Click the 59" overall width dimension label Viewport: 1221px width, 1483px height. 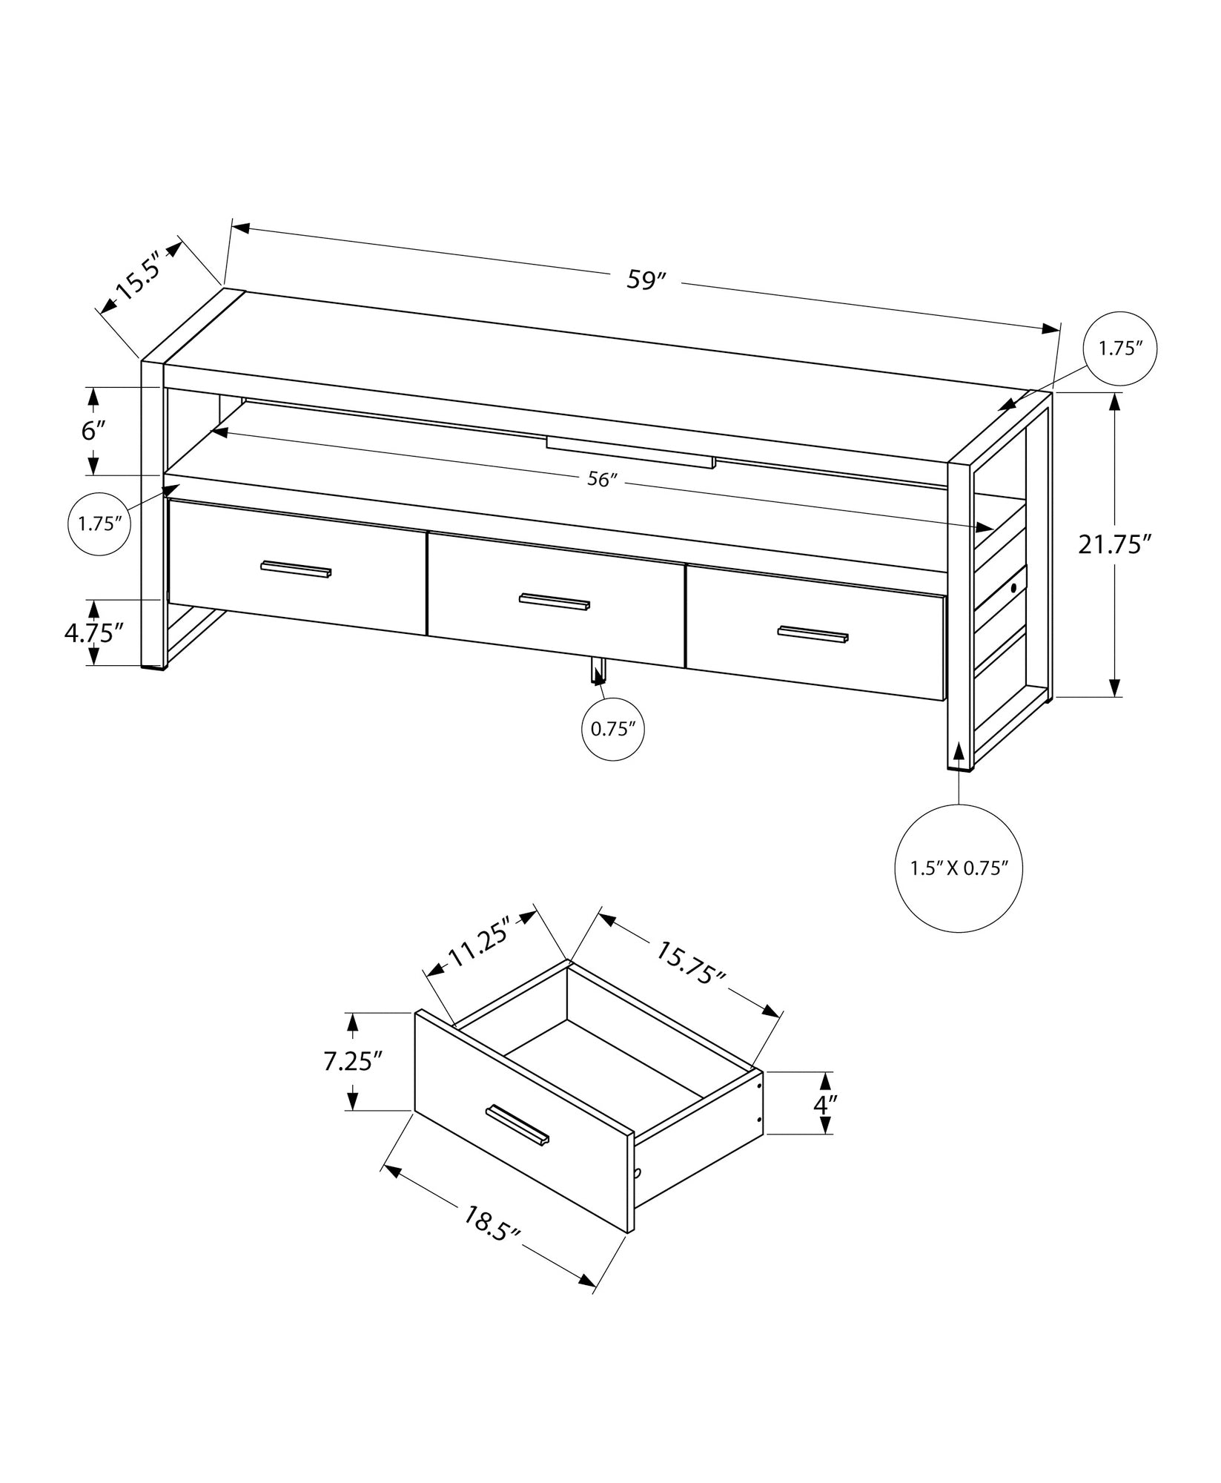pos(647,281)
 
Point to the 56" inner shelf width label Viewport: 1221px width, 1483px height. pos(602,480)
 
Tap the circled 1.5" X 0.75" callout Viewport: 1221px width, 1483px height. pos(959,868)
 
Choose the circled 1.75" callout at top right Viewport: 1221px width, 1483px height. pos(1119,349)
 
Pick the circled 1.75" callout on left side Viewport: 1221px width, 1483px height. pos(100,523)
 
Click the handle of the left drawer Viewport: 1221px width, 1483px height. pos(296,569)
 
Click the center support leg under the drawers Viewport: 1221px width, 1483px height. pos(598,670)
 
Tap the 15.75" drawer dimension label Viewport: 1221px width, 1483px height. pos(689,963)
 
